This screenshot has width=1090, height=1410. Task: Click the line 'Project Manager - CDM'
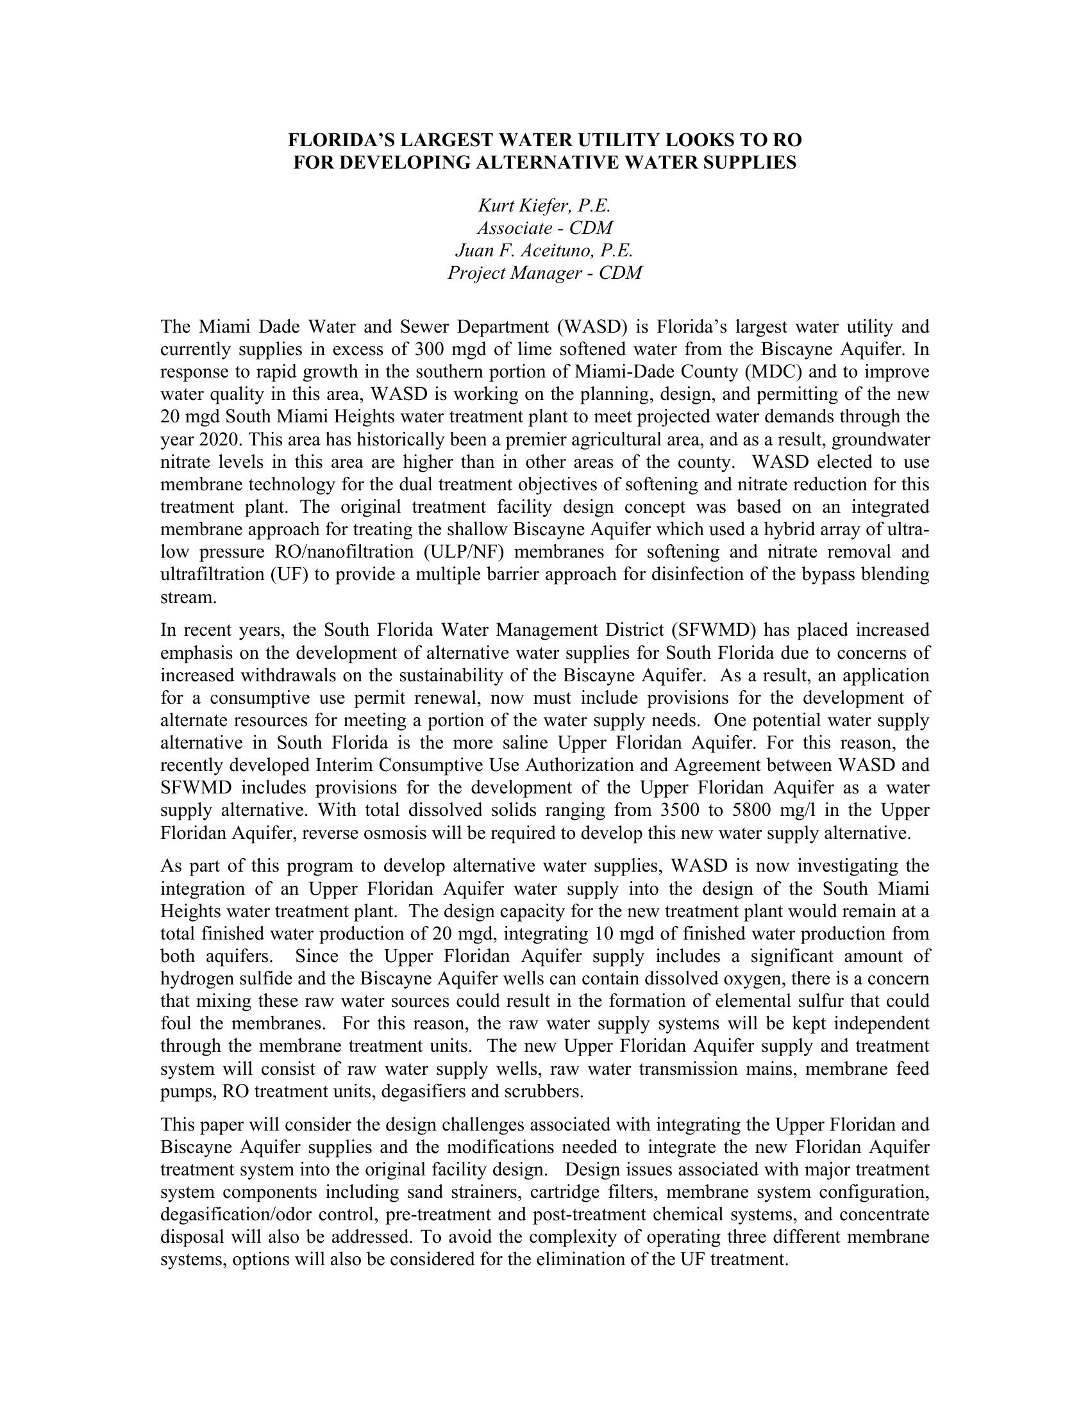[544, 272]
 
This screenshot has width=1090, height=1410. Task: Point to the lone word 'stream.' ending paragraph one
[188, 597]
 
